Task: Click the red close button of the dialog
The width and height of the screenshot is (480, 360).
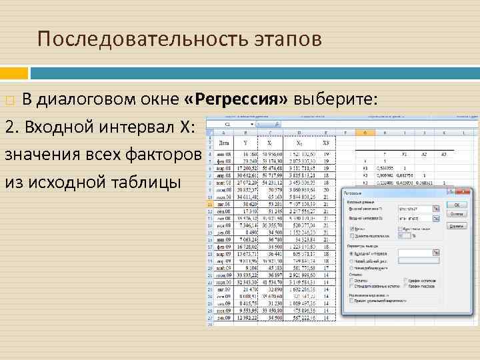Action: [462, 193]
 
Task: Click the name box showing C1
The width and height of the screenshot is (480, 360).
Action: [229, 124]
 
